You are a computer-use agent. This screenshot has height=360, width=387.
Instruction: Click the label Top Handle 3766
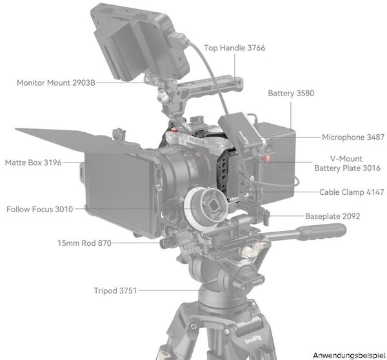coord(235,48)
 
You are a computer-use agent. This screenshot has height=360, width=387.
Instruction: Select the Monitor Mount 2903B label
coord(56,83)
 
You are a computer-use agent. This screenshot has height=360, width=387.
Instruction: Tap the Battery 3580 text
coord(291,94)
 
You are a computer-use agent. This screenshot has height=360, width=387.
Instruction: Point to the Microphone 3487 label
coord(353,137)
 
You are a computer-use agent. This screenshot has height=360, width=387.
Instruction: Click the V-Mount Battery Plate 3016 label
coord(347,163)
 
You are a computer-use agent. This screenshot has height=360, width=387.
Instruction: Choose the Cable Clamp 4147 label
coord(352,192)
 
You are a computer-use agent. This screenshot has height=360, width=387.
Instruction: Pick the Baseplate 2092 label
coord(332,216)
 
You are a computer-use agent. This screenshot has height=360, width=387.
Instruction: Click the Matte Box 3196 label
coord(33,163)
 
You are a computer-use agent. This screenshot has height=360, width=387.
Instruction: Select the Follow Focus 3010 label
coord(40,209)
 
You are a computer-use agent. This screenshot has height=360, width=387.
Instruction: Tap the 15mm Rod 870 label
coord(84,243)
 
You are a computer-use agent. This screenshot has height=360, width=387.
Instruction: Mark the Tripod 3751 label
coord(115,290)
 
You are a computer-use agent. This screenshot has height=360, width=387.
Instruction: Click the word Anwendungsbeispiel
coord(349,355)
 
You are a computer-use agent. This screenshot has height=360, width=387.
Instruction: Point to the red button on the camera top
coord(175,130)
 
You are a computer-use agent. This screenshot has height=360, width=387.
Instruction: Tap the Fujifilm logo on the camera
coord(197,141)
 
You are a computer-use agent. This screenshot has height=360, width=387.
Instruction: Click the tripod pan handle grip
coord(322,231)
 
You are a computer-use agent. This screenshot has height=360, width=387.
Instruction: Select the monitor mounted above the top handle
coord(141,42)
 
